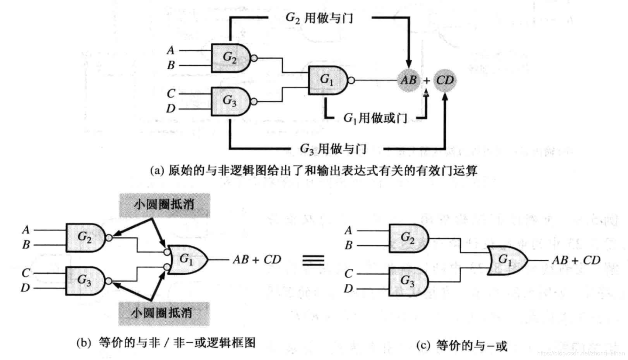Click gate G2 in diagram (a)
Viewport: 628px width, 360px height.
tap(230, 58)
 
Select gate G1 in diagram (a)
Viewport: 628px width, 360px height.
tap(327, 80)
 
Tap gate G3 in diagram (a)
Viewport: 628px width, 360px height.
tap(230, 101)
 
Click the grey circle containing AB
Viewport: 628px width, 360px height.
tap(408, 80)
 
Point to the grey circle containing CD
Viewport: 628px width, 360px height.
tap(445, 80)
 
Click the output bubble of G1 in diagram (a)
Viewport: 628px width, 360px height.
tap(351, 80)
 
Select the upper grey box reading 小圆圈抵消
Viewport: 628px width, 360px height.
tap(165, 205)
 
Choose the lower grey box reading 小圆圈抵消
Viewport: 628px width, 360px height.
tap(163, 314)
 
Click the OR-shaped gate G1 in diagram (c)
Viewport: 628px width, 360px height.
tap(506, 260)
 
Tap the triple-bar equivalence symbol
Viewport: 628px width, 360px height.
tap(313, 260)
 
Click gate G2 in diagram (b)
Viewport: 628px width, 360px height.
tap(85, 238)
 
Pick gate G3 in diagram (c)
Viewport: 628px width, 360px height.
tap(408, 281)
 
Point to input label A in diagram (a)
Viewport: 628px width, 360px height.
tap(170, 50)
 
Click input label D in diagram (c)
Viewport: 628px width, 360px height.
tap(348, 288)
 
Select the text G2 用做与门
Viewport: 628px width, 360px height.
tap(319, 18)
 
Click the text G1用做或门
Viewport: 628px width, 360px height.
tap(375, 118)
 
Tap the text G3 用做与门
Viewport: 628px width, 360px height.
tap(333, 149)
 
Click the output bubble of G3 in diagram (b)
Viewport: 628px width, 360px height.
tap(108, 281)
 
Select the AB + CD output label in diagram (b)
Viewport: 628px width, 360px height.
tap(257, 260)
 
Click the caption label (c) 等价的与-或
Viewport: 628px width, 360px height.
tap(462, 346)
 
